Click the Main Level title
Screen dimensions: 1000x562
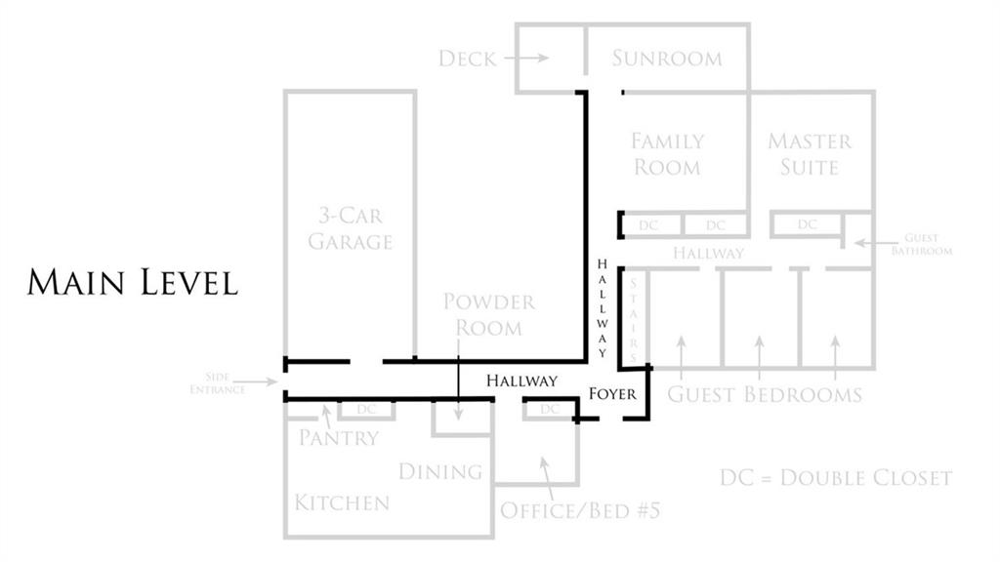pos(133,282)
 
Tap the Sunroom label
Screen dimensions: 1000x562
pos(667,58)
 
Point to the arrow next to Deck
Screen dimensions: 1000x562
pos(526,58)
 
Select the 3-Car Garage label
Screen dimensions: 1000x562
pos(351,228)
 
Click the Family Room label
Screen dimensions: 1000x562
pos(667,154)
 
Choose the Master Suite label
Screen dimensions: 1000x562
pos(810,154)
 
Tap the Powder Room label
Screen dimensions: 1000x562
pos(489,314)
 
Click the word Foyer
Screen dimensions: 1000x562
pos(612,394)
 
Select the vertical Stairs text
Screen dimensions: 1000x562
pos(633,319)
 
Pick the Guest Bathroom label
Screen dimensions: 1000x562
pos(922,244)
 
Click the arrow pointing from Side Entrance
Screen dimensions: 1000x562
pos(255,381)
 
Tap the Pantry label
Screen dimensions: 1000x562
pos(339,438)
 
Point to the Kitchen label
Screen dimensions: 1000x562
pos(342,502)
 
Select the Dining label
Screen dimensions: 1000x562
pos(440,471)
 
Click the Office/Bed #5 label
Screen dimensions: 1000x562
pos(580,510)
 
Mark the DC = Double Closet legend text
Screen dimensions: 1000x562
pos(836,478)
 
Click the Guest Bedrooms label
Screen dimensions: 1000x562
pos(765,394)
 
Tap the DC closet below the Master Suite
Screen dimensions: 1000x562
pos(807,224)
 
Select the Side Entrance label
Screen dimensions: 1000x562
pos(218,382)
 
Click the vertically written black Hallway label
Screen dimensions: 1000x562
pos(602,308)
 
